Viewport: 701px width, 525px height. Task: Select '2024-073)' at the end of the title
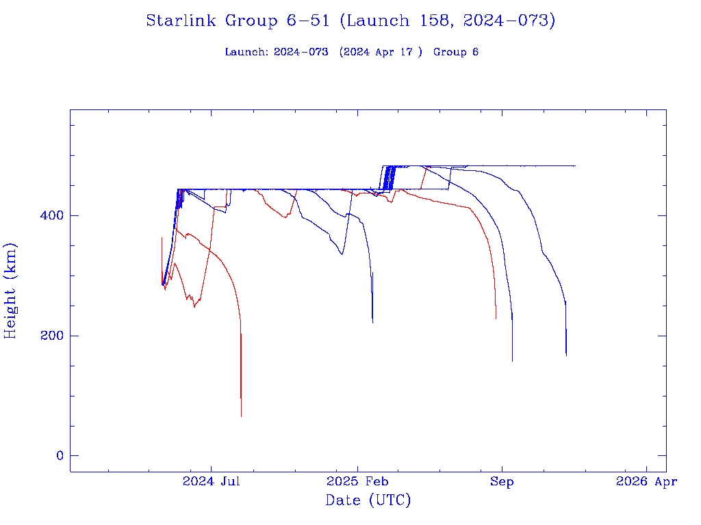pyautogui.click(x=509, y=21)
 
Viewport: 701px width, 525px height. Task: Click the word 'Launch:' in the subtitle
pyautogui.click(x=246, y=53)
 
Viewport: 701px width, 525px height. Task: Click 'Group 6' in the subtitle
pyautogui.click(x=456, y=53)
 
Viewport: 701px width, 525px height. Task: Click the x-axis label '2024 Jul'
pyautogui.click(x=212, y=482)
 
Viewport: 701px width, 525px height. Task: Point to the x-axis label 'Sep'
pyautogui.click(x=502, y=482)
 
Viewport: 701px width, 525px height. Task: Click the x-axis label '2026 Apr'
pyautogui.click(x=646, y=482)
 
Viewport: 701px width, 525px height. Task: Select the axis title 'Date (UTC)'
pyautogui.click(x=368, y=501)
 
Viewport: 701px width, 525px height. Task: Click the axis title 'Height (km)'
pyautogui.click(x=11, y=291)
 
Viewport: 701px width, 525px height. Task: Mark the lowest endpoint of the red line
pyautogui.click(x=241, y=416)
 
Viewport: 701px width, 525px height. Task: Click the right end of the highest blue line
pyautogui.click(x=575, y=166)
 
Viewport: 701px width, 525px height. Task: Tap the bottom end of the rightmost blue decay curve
pyautogui.click(x=566, y=355)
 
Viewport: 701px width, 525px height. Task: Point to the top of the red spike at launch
pyautogui.click(x=162, y=238)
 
